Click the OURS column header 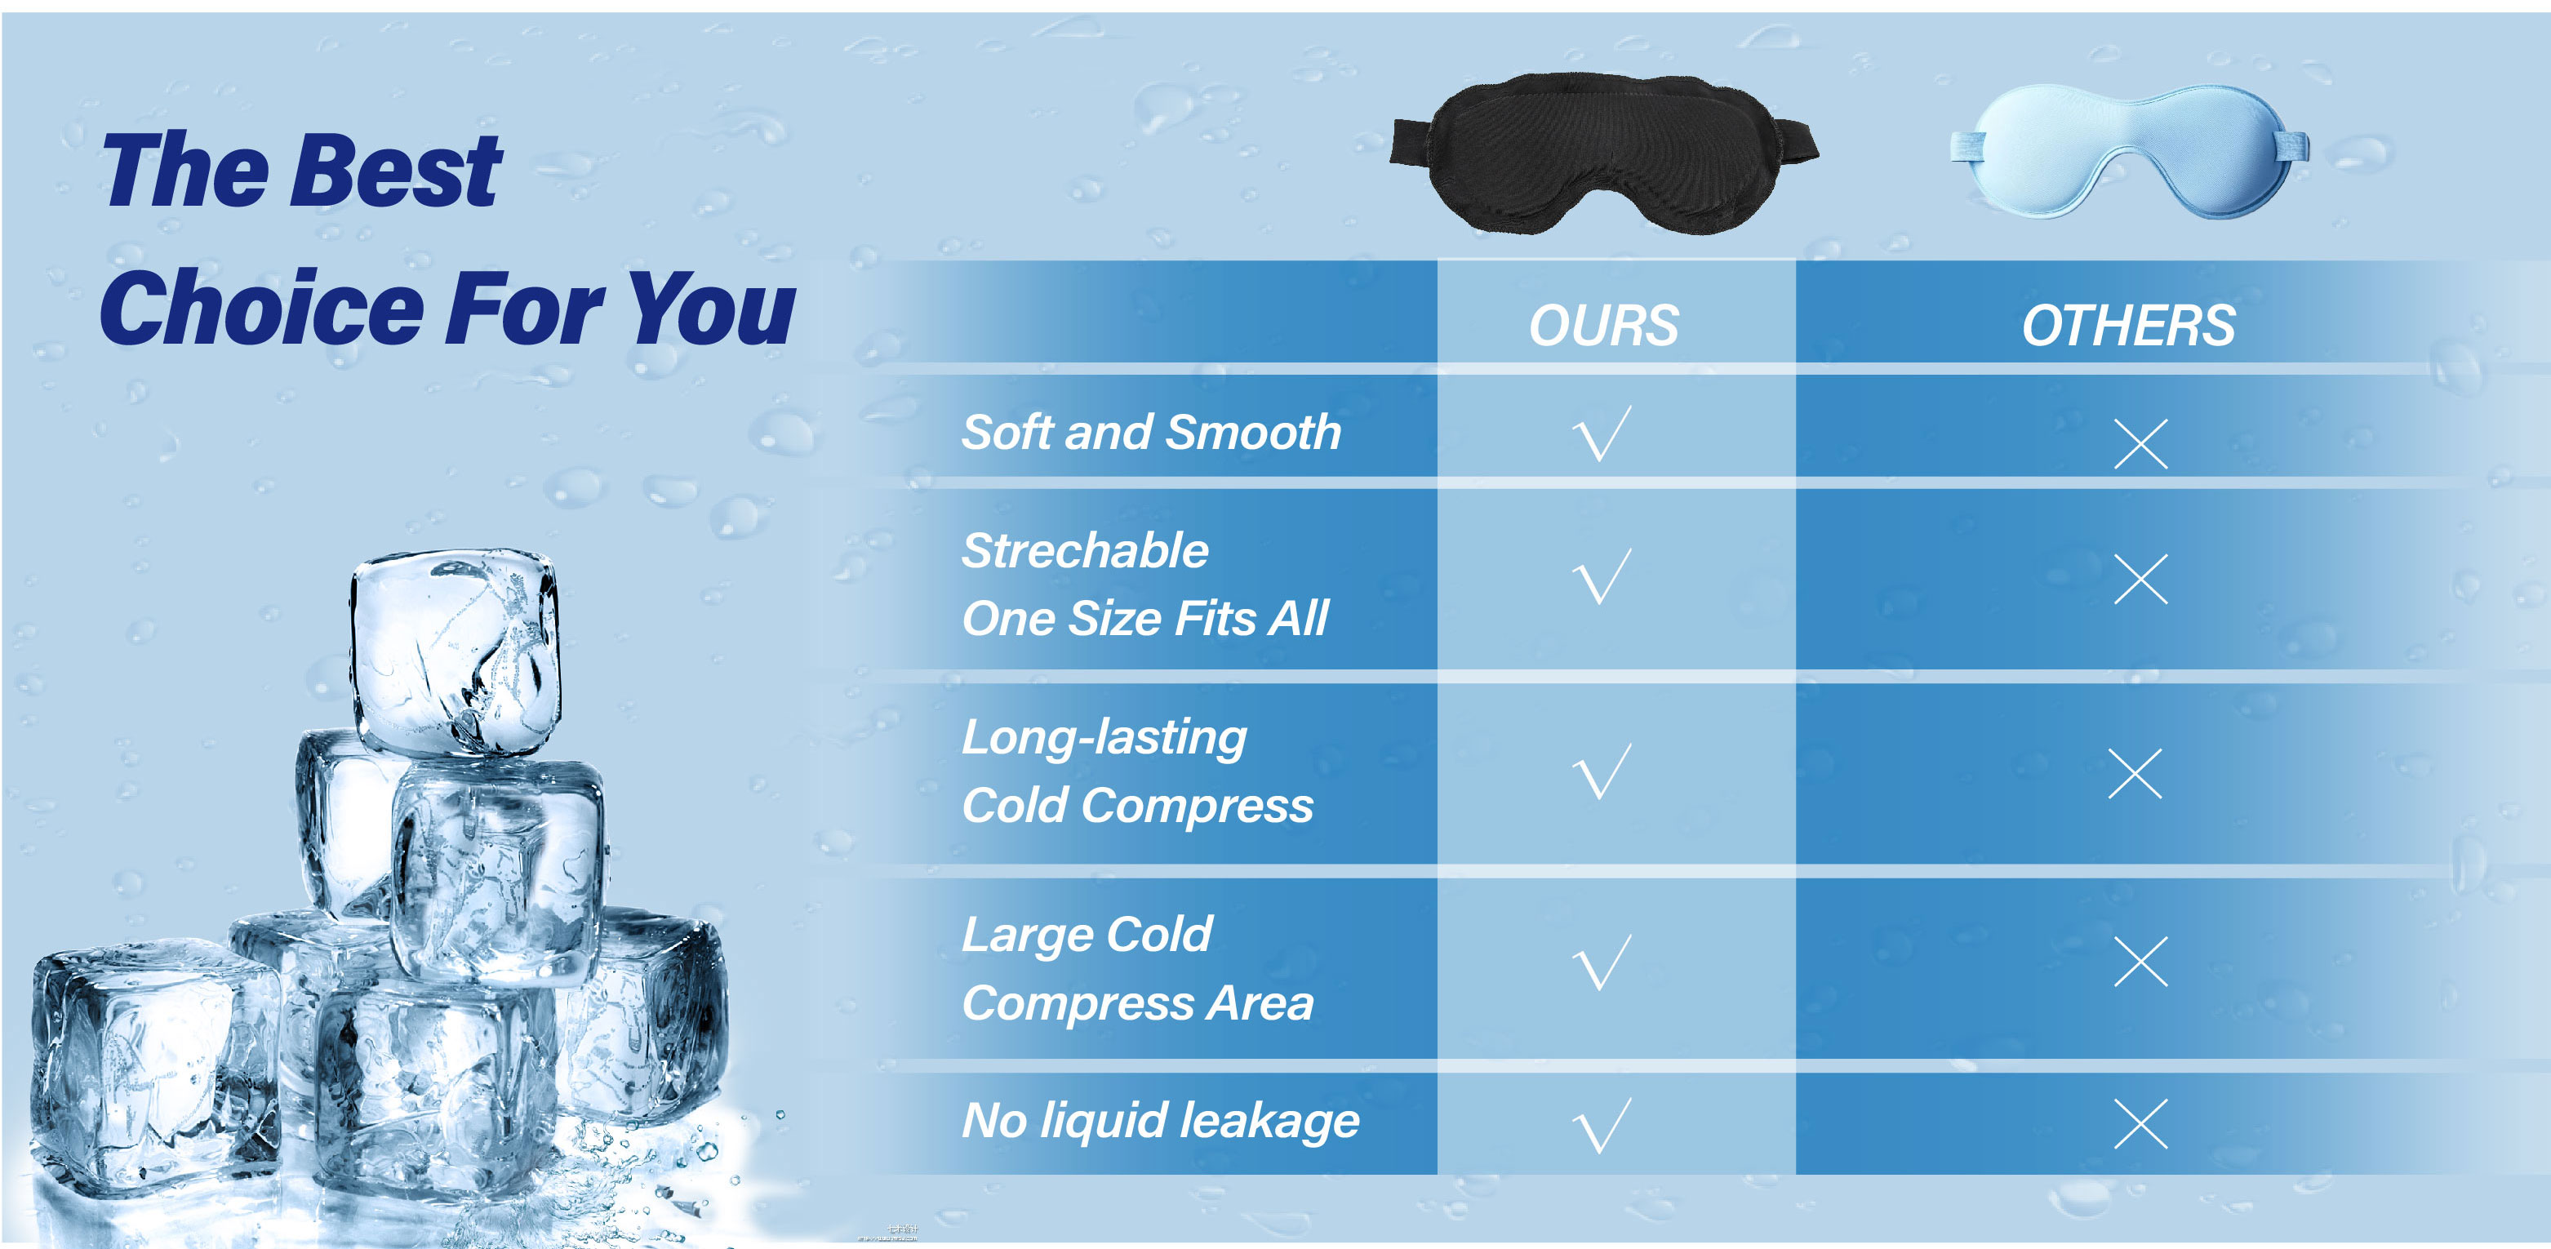(1603, 326)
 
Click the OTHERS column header (2128, 326)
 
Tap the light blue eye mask (2129, 150)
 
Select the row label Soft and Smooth (1151, 433)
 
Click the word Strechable (1086, 551)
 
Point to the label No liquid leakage (1161, 1121)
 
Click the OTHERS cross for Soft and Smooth (2141, 442)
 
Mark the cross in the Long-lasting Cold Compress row (2135, 774)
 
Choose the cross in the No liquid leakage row (2141, 1123)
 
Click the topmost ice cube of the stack (455, 654)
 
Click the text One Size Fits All (1144, 619)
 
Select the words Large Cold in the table (1087, 935)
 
